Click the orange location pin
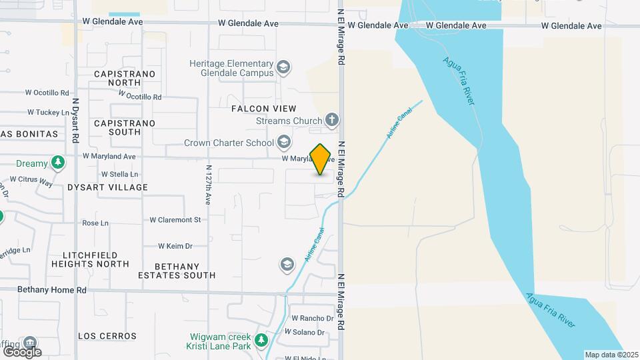point(321,159)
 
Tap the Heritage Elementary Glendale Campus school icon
point(284,67)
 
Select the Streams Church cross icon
point(332,121)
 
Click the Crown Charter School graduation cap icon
point(284,142)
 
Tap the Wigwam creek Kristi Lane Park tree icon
point(262,341)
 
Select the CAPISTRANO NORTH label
point(125,78)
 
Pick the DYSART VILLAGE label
point(107,187)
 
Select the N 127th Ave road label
point(209,185)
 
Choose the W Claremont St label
point(175,219)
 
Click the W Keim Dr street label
point(175,246)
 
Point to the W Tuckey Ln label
point(48,113)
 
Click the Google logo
point(22,351)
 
